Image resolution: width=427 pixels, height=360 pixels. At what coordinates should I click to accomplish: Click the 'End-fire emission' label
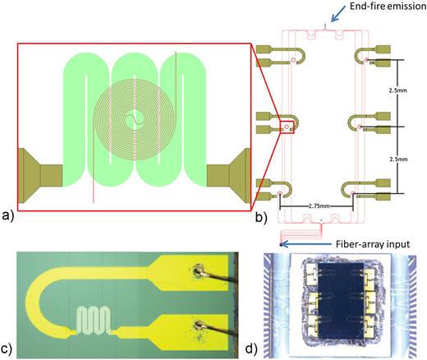click(x=376, y=7)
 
